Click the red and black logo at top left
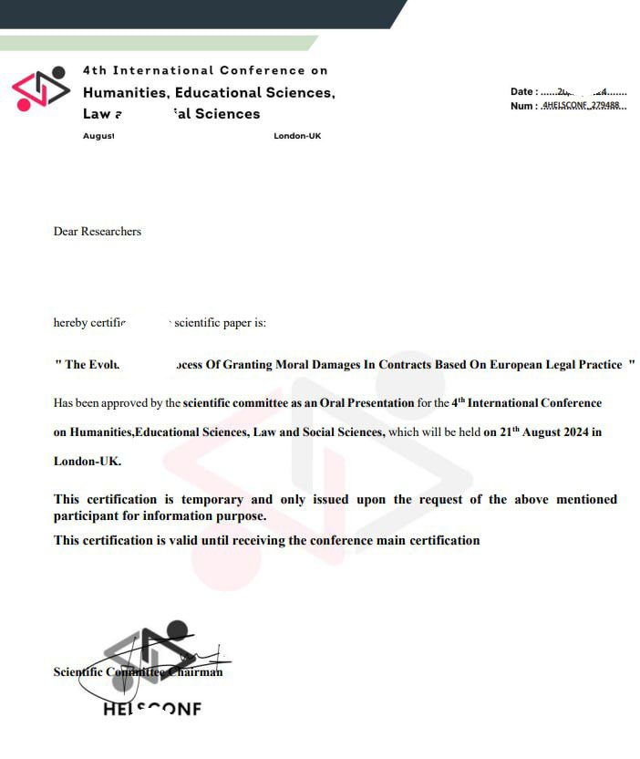coord(41,88)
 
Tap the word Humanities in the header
coord(125,92)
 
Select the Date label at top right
coord(522,91)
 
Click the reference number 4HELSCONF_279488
coord(581,106)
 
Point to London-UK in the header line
coord(297,136)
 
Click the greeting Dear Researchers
coord(98,232)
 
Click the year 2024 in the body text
coord(572,432)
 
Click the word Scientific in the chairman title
coord(78,672)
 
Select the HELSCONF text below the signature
coord(152,709)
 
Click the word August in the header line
coord(98,136)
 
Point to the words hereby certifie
coord(89,322)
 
